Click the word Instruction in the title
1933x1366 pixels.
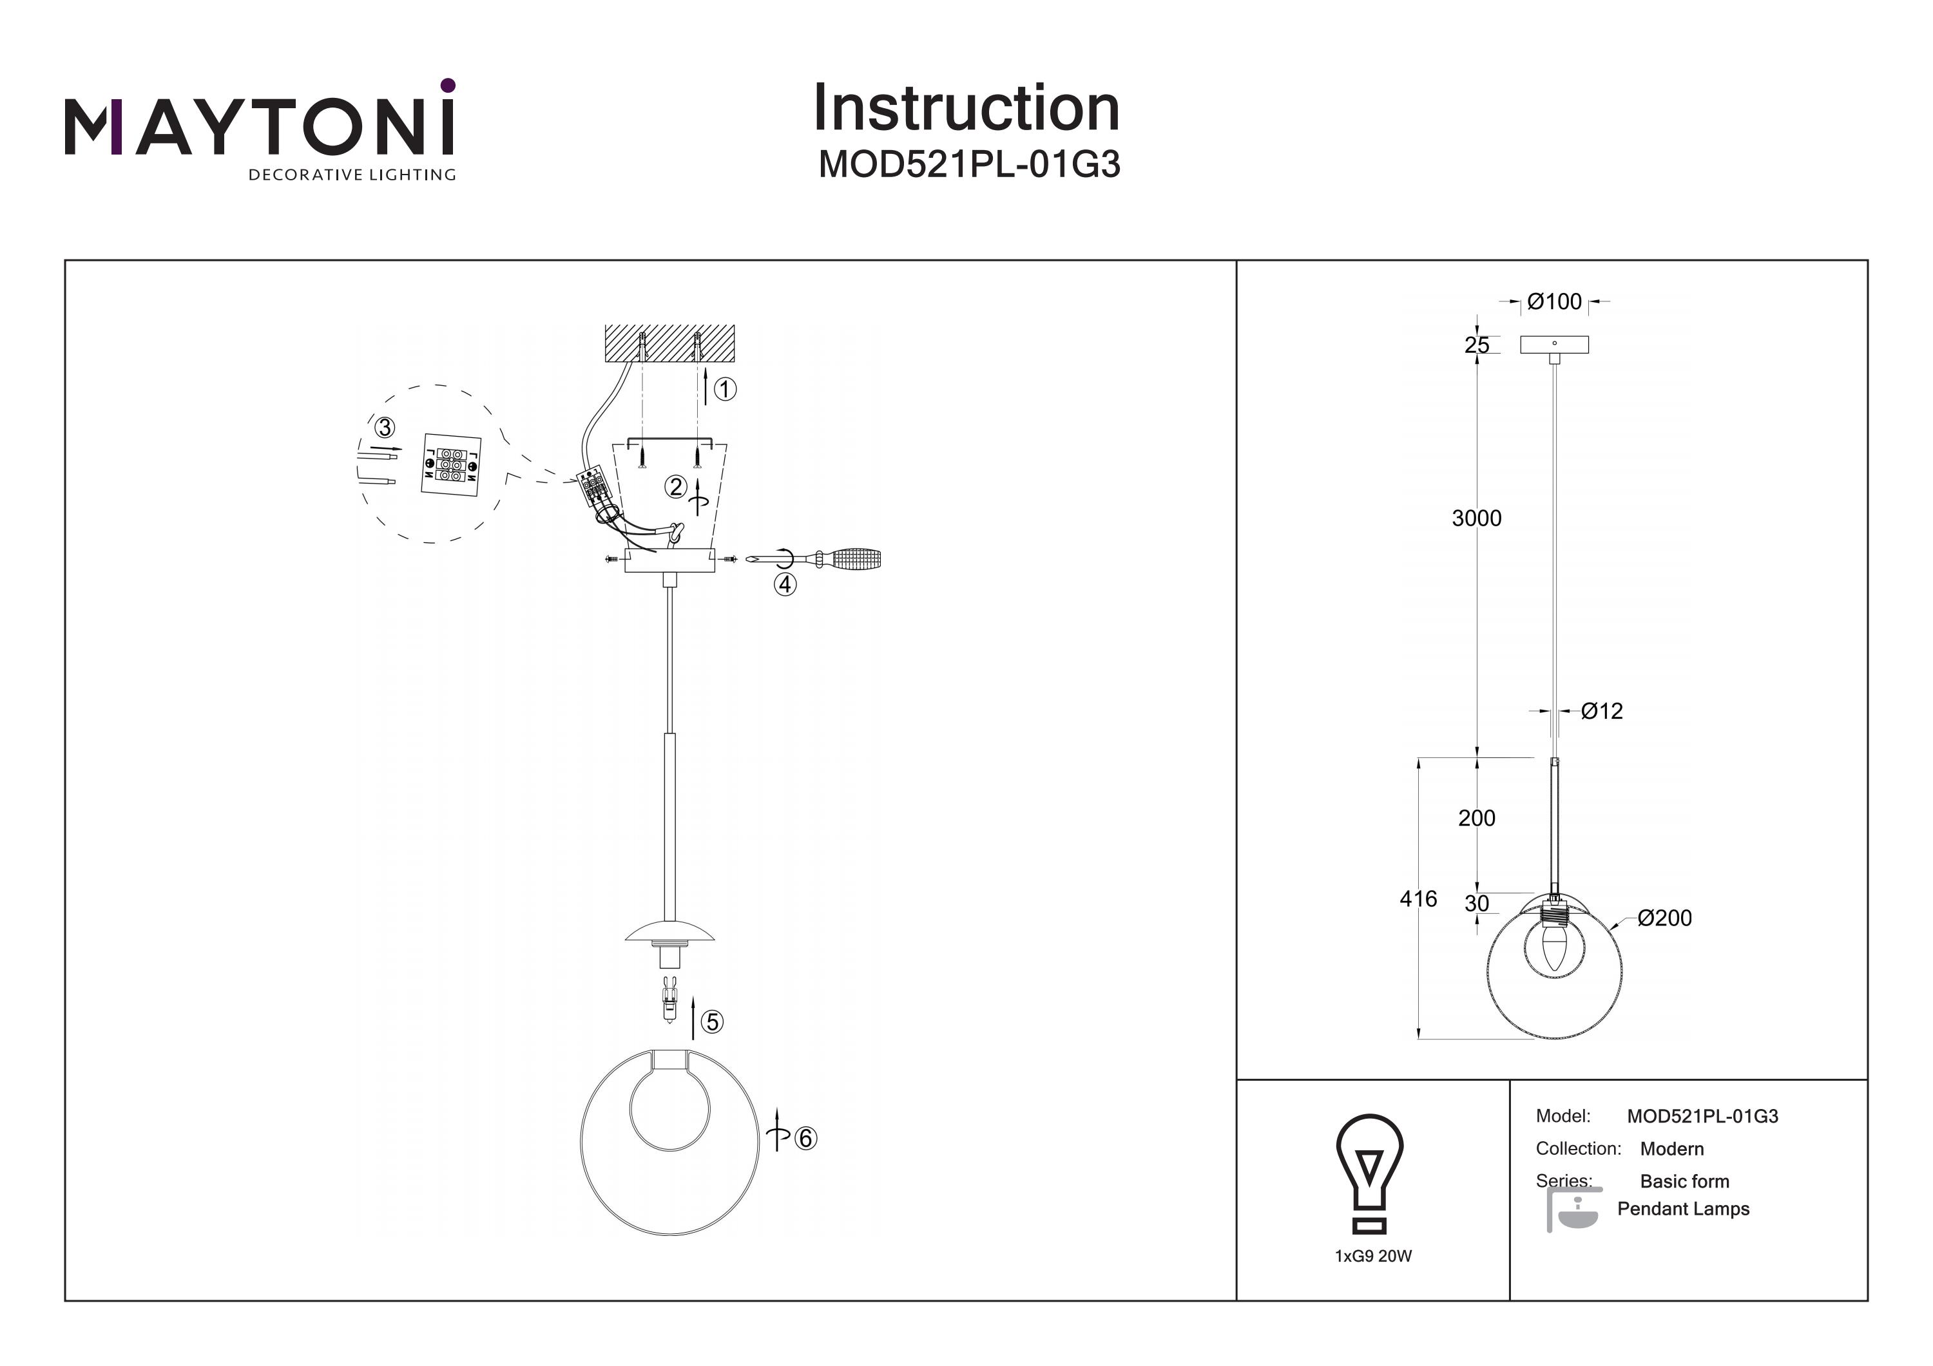[966, 109]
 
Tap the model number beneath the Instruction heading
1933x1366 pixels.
[969, 165]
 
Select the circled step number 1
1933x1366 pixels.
[725, 389]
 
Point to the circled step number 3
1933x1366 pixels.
[385, 428]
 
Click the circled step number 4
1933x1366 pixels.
[785, 584]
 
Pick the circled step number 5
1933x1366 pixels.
[712, 1022]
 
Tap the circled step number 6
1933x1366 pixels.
[805, 1138]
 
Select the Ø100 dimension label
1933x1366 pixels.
[1554, 301]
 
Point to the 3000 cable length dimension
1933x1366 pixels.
[1477, 518]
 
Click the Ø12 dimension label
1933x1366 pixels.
[1601, 711]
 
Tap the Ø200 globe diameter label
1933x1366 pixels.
[1664, 918]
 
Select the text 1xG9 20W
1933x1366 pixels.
[1373, 1256]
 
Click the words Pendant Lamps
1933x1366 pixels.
[1683, 1209]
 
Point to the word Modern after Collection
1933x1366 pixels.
[1671, 1149]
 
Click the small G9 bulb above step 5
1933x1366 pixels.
[669, 1001]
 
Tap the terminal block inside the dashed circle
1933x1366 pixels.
[451, 464]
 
